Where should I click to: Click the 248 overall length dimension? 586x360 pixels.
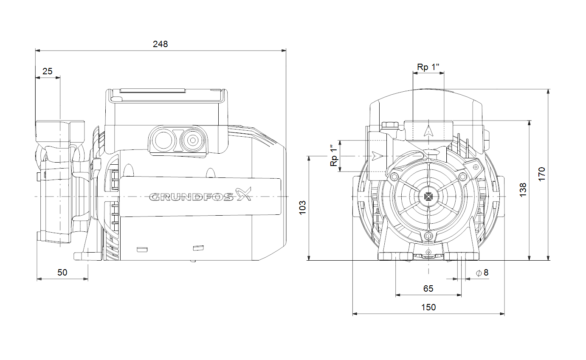(x=161, y=44)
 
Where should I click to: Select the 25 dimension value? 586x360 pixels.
(x=48, y=71)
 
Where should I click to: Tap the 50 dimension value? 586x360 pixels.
(x=62, y=273)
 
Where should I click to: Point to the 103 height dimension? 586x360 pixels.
(x=302, y=208)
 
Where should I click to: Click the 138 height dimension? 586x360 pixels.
(x=523, y=189)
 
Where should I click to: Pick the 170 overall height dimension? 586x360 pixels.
(x=541, y=174)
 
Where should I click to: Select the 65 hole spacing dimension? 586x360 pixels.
(x=428, y=289)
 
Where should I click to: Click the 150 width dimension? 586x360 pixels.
(x=428, y=307)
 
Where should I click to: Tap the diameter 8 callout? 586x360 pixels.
(x=482, y=273)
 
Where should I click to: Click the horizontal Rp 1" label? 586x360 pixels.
(x=428, y=67)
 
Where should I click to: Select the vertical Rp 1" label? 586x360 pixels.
(x=335, y=156)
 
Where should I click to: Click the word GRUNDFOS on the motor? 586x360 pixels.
(x=192, y=197)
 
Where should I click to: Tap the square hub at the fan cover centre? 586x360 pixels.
(x=428, y=197)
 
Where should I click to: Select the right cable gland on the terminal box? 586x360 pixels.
(x=192, y=140)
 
